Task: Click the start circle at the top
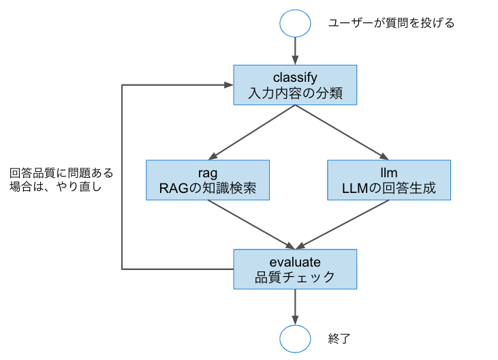click(x=295, y=22)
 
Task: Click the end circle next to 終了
click(x=295, y=337)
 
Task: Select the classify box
click(x=295, y=85)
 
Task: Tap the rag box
click(x=208, y=180)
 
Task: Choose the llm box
click(x=388, y=180)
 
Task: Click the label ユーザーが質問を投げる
click(x=391, y=23)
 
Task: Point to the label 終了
click(x=339, y=337)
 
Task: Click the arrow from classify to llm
click(x=341, y=132)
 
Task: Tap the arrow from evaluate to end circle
click(x=295, y=305)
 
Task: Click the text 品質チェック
click(x=295, y=277)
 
